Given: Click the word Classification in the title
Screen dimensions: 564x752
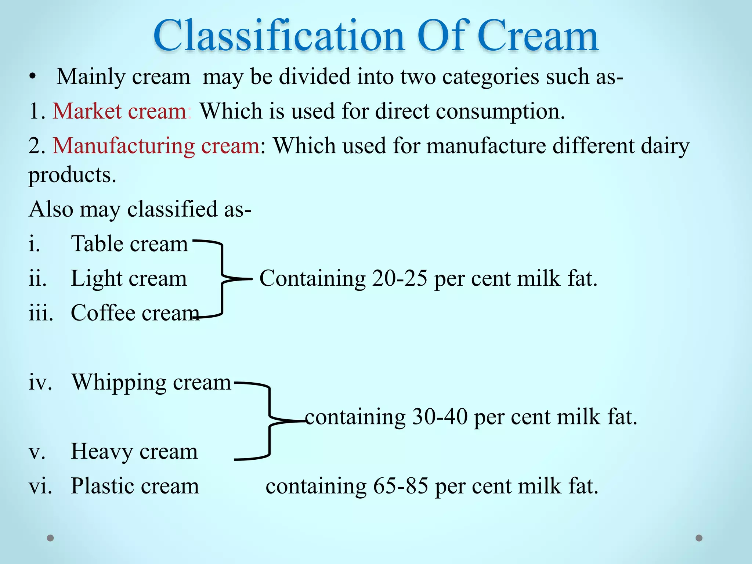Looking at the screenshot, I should [279, 36].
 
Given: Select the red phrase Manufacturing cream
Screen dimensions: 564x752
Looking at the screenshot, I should [156, 145].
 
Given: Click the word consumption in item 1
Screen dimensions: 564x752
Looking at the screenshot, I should [498, 112].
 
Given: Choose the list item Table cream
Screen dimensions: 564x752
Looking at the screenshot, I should [129, 244].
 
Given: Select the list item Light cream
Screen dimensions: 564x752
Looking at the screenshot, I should [129, 278].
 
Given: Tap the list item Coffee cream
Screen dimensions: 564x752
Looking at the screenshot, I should [134, 313].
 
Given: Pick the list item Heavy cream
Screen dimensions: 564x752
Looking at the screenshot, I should [134, 451].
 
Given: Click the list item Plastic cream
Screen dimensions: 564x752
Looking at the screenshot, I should [134, 486].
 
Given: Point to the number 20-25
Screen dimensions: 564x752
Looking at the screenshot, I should [399, 278].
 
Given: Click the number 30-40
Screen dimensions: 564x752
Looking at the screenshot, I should [440, 417].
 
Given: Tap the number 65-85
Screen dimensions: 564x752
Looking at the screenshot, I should [401, 486].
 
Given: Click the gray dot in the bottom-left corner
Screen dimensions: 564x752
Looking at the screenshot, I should [50, 538].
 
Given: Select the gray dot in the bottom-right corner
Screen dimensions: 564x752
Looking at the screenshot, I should [699, 538].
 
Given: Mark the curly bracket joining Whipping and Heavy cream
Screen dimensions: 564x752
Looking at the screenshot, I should [270, 421].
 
